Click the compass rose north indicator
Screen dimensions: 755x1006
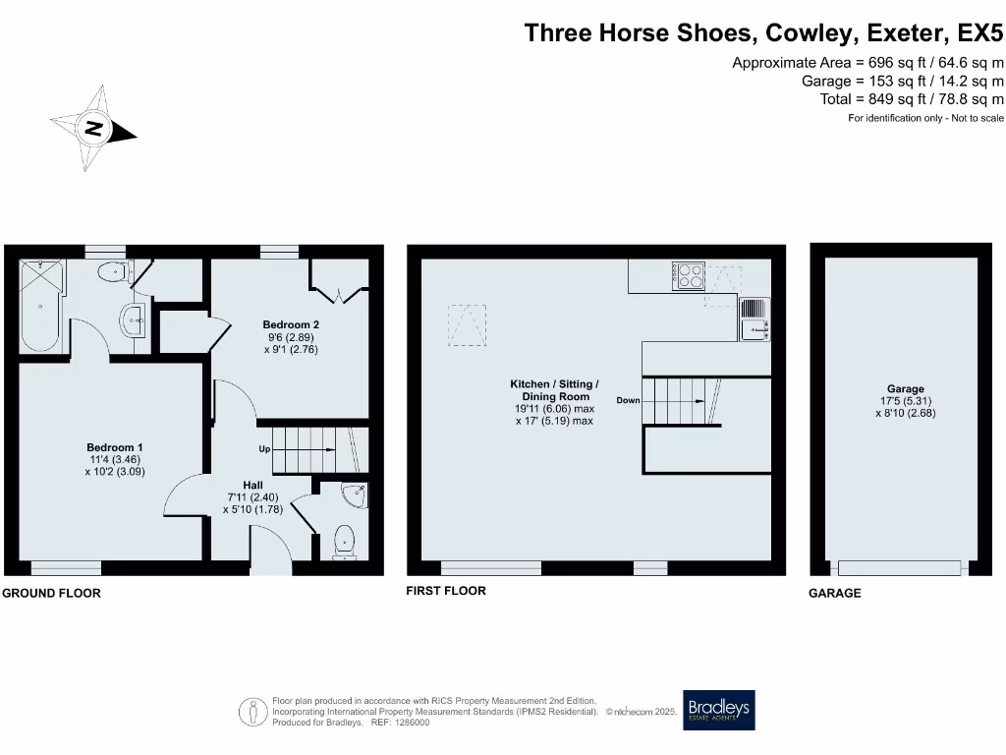pyautogui.click(x=94, y=129)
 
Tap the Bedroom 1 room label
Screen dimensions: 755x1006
pyautogui.click(x=115, y=447)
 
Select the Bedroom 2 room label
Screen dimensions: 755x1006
pyautogui.click(x=290, y=323)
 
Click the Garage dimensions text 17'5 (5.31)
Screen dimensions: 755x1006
pyautogui.click(x=901, y=401)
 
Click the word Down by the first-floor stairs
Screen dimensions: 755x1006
pyautogui.click(x=629, y=400)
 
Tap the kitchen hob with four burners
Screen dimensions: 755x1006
pyautogui.click(x=689, y=274)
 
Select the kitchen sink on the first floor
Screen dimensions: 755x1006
pyautogui.click(x=754, y=319)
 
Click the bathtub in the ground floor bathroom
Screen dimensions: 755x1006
pyautogui.click(x=39, y=307)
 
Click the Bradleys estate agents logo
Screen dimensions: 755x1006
pyautogui.click(x=719, y=710)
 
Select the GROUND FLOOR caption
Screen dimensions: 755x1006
pyautogui.click(x=51, y=594)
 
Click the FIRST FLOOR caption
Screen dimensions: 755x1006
pyautogui.click(x=446, y=591)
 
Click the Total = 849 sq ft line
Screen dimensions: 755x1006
pyautogui.click(x=912, y=99)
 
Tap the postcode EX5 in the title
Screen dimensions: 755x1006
pyautogui.click(x=981, y=32)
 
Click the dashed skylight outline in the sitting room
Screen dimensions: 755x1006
pyautogui.click(x=468, y=324)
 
